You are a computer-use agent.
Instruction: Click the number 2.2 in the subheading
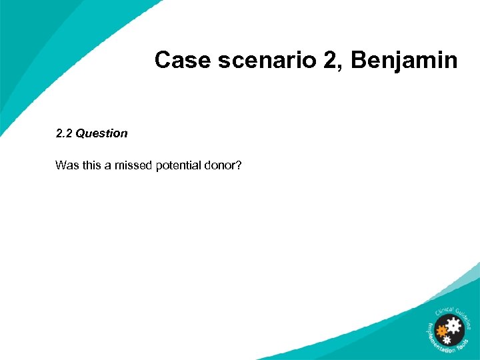pos(64,133)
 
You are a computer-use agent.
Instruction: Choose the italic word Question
pos(101,133)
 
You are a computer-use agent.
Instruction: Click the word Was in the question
pos(66,165)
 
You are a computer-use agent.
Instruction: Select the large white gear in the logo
pos(454,327)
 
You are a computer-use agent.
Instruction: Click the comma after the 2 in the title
pos(337,67)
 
